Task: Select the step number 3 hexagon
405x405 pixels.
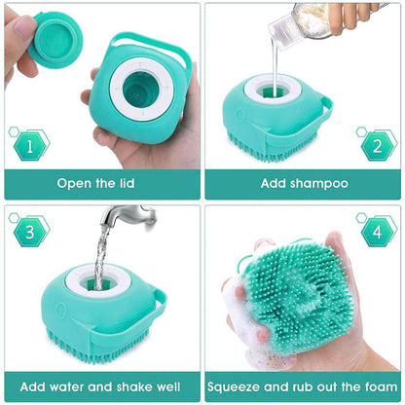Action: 29,232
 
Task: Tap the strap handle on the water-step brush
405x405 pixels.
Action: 156,312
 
